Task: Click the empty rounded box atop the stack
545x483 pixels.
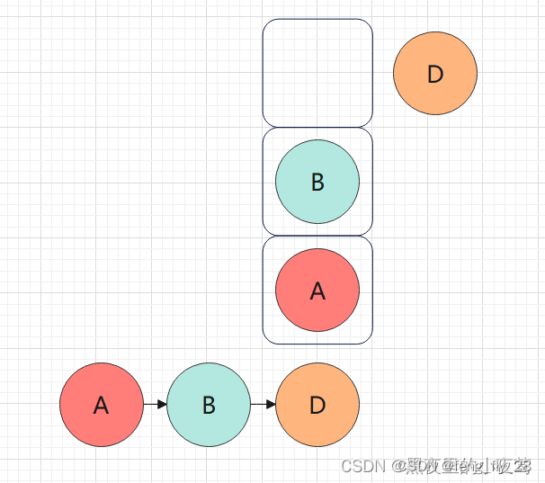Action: [317, 73]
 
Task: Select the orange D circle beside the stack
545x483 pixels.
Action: [435, 74]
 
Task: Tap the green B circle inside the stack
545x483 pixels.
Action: [317, 182]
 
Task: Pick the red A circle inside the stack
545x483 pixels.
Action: [317, 290]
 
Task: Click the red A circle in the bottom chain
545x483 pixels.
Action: [102, 405]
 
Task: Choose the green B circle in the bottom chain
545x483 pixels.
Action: [209, 405]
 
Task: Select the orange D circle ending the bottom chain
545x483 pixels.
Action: [317, 405]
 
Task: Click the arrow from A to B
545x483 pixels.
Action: [155, 405]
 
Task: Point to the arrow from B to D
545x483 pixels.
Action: [263, 405]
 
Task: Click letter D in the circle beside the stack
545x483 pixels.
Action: [435, 75]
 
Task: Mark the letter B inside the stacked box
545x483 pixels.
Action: [317, 183]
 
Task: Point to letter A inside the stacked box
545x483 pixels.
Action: [317, 291]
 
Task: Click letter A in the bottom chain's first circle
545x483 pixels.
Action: [102, 406]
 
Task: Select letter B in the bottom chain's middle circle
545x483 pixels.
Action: [209, 406]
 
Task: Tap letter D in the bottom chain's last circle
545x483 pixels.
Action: [317, 406]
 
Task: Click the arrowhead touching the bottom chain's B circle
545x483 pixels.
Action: [163, 405]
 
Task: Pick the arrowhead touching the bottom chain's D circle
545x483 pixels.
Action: [271, 405]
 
